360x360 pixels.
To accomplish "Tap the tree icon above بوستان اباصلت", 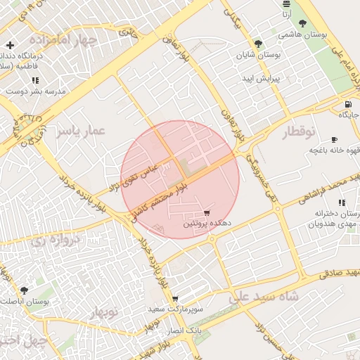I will coord(25,290).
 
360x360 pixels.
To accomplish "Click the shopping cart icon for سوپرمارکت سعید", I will coord(175,299).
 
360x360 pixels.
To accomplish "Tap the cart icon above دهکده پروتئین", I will coord(207,213).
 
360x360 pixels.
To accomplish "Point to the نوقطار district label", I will coord(302,131).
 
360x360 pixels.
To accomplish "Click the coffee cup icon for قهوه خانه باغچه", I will coord(334,139).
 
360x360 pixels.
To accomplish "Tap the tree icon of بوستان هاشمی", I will coord(302,23).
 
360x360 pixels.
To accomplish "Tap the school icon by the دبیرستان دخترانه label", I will coord(352,202).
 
